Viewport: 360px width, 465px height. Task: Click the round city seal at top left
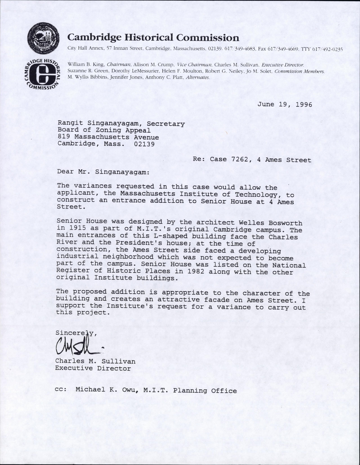coord(43,40)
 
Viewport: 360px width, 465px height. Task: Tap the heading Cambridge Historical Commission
coord(153,38)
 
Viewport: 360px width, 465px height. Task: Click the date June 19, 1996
coord(284,104)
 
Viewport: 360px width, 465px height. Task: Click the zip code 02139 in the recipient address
coord(144,144)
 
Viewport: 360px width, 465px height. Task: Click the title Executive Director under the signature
coord(93,369)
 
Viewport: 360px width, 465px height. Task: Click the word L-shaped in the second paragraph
coord(170,237)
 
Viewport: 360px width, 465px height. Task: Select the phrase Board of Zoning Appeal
coord(104,131)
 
